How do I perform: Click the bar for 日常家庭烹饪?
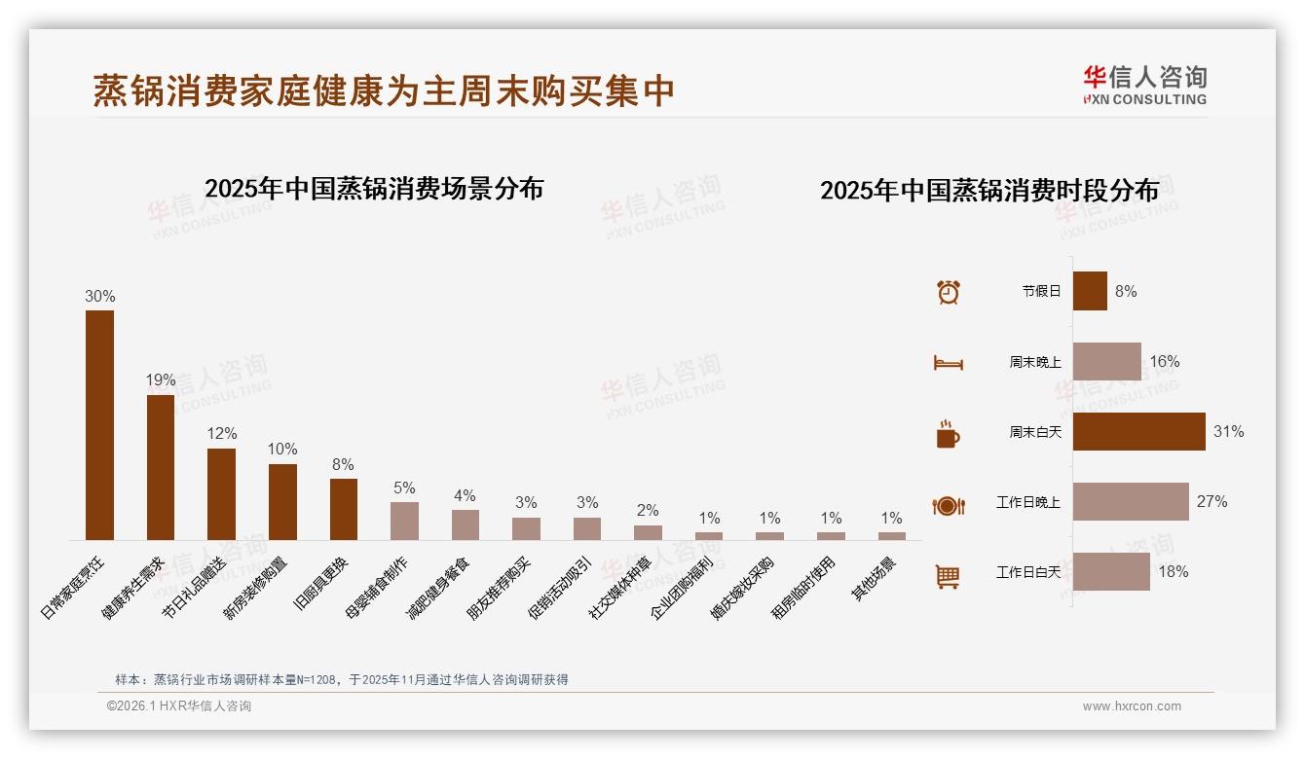[x=99, y=425]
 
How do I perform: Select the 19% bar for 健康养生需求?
[x=161, y=467]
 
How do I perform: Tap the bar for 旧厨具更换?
[x=344, y=509]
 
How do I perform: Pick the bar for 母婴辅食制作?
[x=404, y=521]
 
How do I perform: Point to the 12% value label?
[x=221, y=434]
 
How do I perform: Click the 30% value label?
[x=99, y=296]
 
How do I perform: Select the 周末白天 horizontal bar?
[x=1138, y=431]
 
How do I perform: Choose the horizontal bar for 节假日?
[x=1090, y=291]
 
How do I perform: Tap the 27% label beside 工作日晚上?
[x=1212, y=502]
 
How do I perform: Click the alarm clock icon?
[x=948, y=291]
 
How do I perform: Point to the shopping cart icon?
[x=948, y=576]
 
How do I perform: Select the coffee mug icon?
[x=948, y=434]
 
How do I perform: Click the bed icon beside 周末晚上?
[x=948, y=363]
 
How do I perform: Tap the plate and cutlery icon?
[x=948, y=505]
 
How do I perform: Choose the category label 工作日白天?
[x=1027, y=572]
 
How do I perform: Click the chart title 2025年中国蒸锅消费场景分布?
[x=374, y=189]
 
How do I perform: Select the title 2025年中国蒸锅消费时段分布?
[x=989, y=191]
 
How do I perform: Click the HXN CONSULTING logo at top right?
[x=1144, y=86]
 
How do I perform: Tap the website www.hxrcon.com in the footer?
[x=1132, y=706]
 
